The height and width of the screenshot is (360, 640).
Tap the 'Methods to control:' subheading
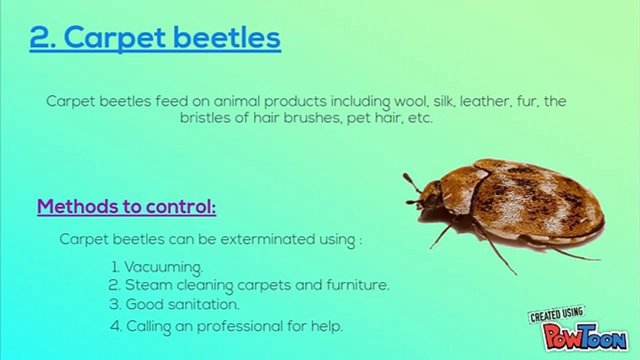pyautogui.click(x=126, y=206)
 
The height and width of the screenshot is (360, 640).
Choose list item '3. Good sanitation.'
pyautogui.click(x=174, y=304)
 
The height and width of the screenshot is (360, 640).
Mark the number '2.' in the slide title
pyautogui.click(x=41, y=37)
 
